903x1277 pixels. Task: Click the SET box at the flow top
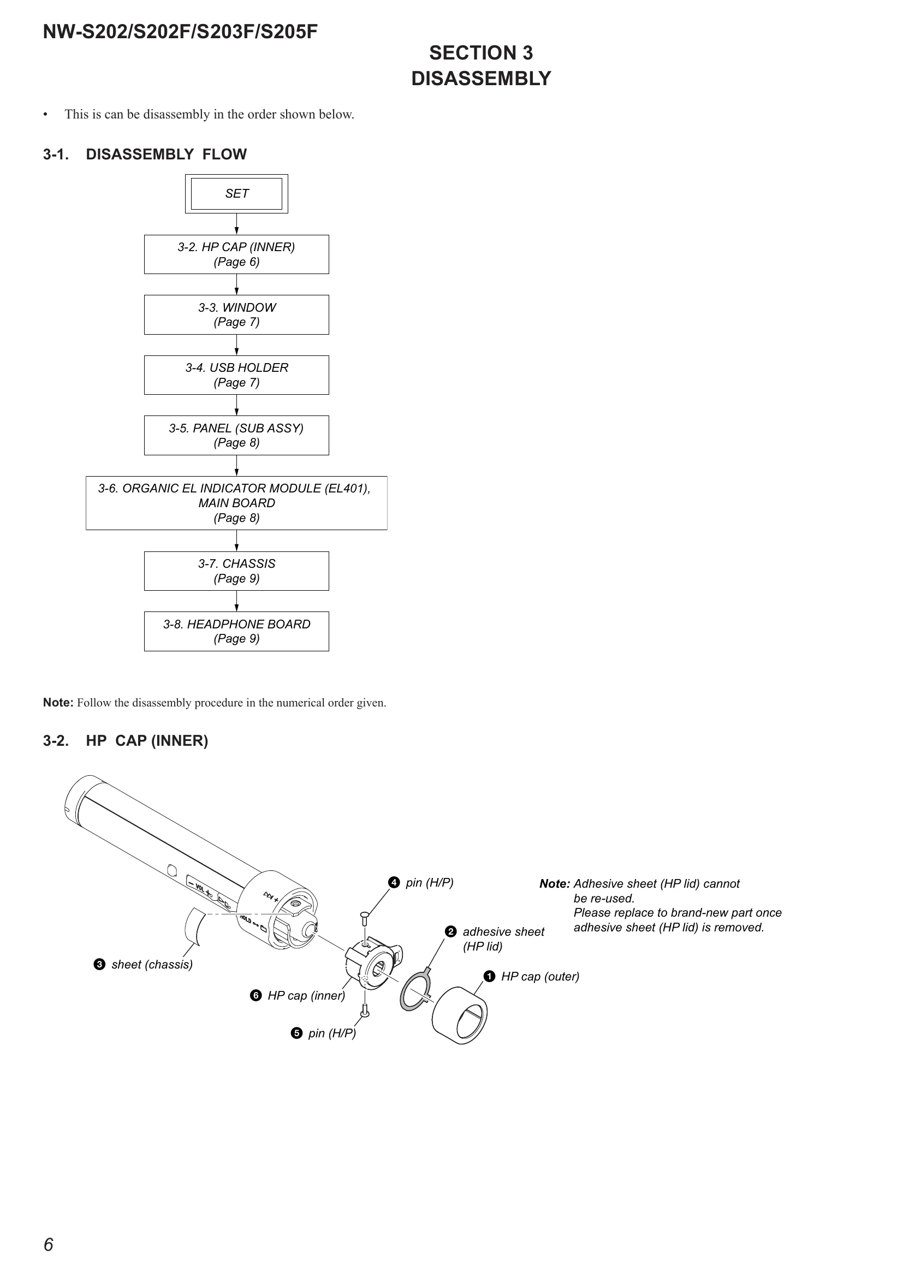coord(236,194)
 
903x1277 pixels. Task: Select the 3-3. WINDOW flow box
coord(236,315)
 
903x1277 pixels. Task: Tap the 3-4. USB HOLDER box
coord(236,375)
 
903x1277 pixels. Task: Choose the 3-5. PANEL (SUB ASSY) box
coord(236,436)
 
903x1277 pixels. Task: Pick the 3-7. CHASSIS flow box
coord(236,571)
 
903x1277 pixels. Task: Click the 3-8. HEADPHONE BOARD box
coord(236,631)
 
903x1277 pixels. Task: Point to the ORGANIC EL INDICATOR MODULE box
coord(236,503)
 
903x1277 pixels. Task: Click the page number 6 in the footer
coord(49,1244)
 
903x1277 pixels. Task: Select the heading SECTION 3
coord(481,53)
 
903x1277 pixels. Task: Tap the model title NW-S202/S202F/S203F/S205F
coord(180,32)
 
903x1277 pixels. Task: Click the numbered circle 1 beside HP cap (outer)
coord(489,976)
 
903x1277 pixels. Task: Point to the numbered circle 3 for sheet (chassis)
coord(99,964)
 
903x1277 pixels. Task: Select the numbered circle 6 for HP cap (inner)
coord(256,996)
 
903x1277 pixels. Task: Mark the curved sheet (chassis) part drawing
coord(193,926)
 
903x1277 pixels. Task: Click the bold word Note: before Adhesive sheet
coord(554,884)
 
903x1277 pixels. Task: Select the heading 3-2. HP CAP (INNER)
coord(126,741)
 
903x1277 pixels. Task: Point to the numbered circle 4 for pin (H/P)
coord(394,883)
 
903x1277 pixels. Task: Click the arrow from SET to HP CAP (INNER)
coord(236,224)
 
